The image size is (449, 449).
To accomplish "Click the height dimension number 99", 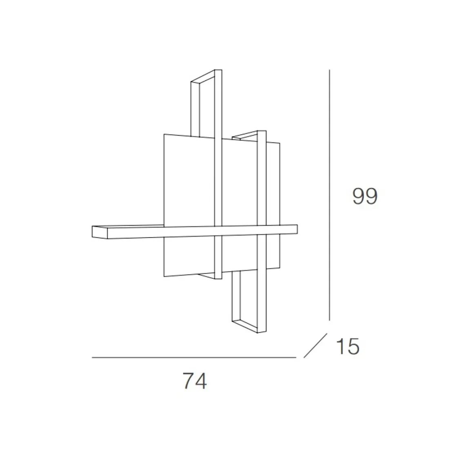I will (x=365, y=197).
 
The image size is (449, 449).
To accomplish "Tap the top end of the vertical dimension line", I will (x=329, y=71).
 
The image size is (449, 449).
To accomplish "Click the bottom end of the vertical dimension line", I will (x=329, y=320).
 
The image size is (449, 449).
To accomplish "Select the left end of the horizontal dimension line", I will (x=93, y=358).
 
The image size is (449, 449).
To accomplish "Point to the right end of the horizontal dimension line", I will (x=295, y=358).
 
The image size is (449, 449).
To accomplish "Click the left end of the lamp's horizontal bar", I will (x=93, y=232).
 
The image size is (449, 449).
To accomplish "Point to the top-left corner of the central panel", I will (x=164, y=134).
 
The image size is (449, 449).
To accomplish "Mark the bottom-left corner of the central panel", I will (x=164, y=277).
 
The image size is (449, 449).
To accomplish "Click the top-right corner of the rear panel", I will (x=280, y=143).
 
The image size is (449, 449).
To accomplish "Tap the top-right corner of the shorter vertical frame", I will (x=266, y=131).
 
